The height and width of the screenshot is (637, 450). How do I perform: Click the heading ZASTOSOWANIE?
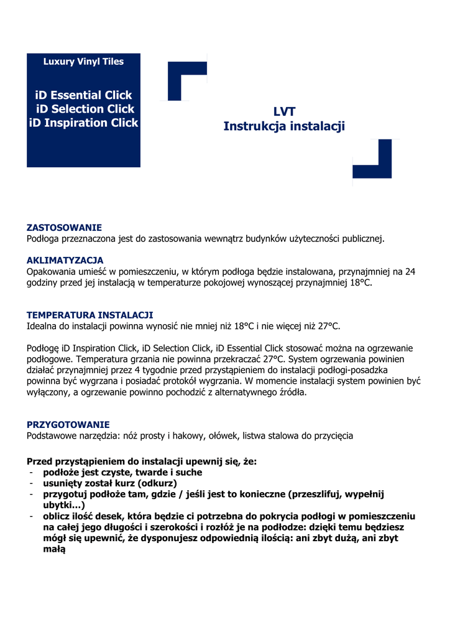(x=64, y=228)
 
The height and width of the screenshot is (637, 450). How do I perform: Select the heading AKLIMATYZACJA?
(x=65, y=260)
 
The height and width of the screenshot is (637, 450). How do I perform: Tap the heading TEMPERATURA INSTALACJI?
(x=90, y=315)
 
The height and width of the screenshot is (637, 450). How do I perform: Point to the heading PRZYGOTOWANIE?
(x=68, y=425)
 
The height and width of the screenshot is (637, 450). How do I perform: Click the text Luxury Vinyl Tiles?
(x=83, y=62)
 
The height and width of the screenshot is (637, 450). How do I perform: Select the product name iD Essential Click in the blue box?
(x=84, y=95)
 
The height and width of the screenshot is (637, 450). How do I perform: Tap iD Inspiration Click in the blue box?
(x=84, y=123)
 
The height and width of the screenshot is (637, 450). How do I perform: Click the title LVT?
(x=284, y=112)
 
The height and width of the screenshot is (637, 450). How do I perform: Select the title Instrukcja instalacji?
(x=284, y=126)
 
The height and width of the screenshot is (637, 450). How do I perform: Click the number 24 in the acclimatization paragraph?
(x=410, y=271)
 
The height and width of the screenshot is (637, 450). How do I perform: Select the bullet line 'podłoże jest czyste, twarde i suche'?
(x=122, y=473)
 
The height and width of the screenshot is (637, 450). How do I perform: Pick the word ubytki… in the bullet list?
(x=64, y=505)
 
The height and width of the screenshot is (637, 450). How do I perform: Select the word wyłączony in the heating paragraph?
(x=48, y=393)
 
